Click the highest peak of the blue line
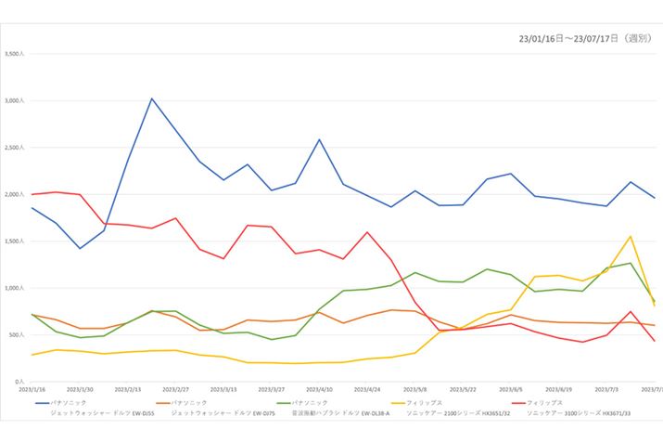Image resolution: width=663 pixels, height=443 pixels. coord(152,98)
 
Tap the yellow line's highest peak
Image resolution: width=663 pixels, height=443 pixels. coord(631,236)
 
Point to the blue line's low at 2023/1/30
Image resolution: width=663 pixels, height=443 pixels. coord(80,248)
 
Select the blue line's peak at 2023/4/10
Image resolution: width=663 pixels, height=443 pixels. coord(319,140)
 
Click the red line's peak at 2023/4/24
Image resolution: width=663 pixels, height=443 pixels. coord(367,232)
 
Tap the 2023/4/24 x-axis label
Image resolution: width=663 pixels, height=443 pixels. coord(367,390)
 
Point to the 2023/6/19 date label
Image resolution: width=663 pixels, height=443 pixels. coord(559,390)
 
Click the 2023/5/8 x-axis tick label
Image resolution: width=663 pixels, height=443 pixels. coord(415,390)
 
